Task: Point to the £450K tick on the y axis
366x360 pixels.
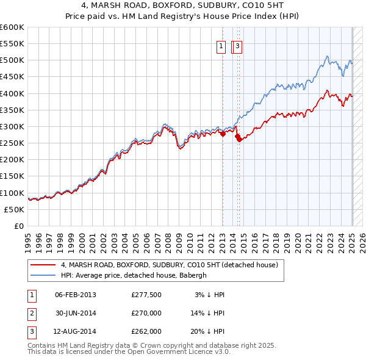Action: coord(12,77)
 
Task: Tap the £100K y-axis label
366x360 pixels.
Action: coord(12,193)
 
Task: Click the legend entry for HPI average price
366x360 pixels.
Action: coord(134,275)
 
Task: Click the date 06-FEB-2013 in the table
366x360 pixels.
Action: coord(76,295)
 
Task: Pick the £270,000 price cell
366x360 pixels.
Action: coord(146,313)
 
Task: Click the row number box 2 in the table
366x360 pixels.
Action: coord(30,313)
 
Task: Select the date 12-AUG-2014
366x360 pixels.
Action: coord(76,331)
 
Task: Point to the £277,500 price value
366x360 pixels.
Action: coord(146,295)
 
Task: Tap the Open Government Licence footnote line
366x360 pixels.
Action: coord(129,352)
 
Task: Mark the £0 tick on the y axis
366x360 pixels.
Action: coord(18,226)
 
